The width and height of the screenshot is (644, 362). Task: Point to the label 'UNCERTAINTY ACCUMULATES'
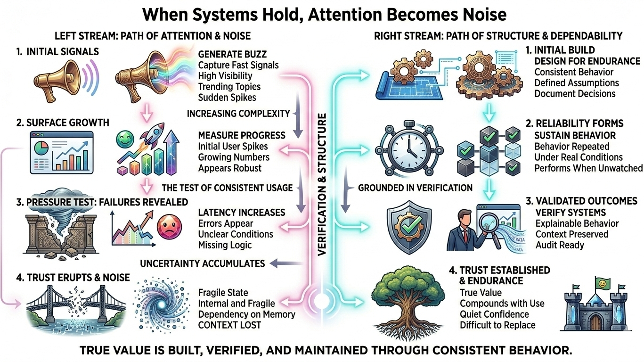point(203,263)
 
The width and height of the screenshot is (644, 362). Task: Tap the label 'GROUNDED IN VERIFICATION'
point(415,188)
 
